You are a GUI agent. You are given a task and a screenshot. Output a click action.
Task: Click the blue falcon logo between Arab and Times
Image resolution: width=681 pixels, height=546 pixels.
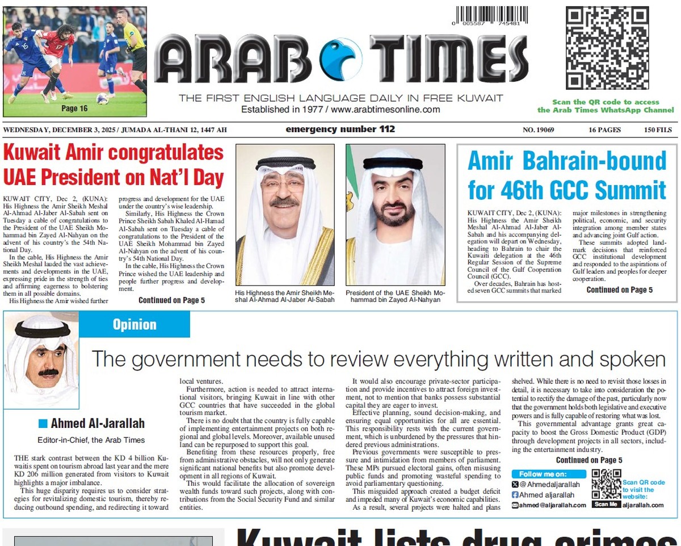340,59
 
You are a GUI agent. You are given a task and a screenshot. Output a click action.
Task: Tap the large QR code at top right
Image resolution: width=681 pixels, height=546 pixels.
607,48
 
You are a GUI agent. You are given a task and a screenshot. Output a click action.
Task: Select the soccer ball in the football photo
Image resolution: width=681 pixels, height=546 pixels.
102,99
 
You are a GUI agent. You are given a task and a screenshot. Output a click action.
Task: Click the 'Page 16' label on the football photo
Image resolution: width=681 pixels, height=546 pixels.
74,108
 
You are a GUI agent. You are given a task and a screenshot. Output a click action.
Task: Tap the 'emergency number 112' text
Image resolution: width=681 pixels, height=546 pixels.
340,129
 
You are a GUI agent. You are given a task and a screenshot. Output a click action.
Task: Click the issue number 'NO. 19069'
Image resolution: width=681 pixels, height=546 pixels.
538,130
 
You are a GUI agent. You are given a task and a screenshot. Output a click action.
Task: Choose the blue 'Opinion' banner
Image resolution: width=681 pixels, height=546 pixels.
134,324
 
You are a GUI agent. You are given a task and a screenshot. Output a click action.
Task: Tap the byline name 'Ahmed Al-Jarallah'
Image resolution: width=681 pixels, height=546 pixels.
98,423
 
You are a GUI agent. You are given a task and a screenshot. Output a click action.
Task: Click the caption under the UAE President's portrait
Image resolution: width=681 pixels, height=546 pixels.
395,296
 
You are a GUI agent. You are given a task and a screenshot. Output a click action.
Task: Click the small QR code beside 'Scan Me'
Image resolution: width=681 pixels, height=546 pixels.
606,484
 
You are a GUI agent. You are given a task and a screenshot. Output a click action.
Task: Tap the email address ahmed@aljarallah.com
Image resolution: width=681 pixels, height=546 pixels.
548,505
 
